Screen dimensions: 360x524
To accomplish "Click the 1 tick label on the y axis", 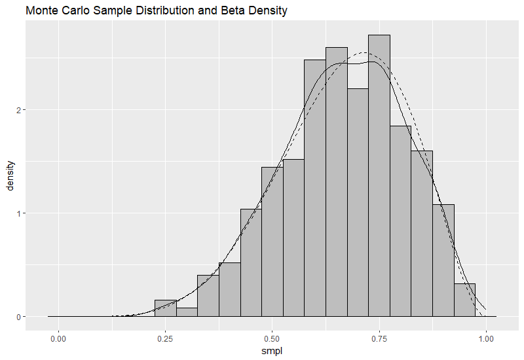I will point(17,213).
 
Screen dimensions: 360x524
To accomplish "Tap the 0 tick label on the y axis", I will point(17,317).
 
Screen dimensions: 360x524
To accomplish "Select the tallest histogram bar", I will point(379,177).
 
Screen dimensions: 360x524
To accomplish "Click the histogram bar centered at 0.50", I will point(272,242).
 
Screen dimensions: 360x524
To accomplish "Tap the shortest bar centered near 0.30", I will point(187,313).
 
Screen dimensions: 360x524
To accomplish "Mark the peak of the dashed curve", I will point(365,53).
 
